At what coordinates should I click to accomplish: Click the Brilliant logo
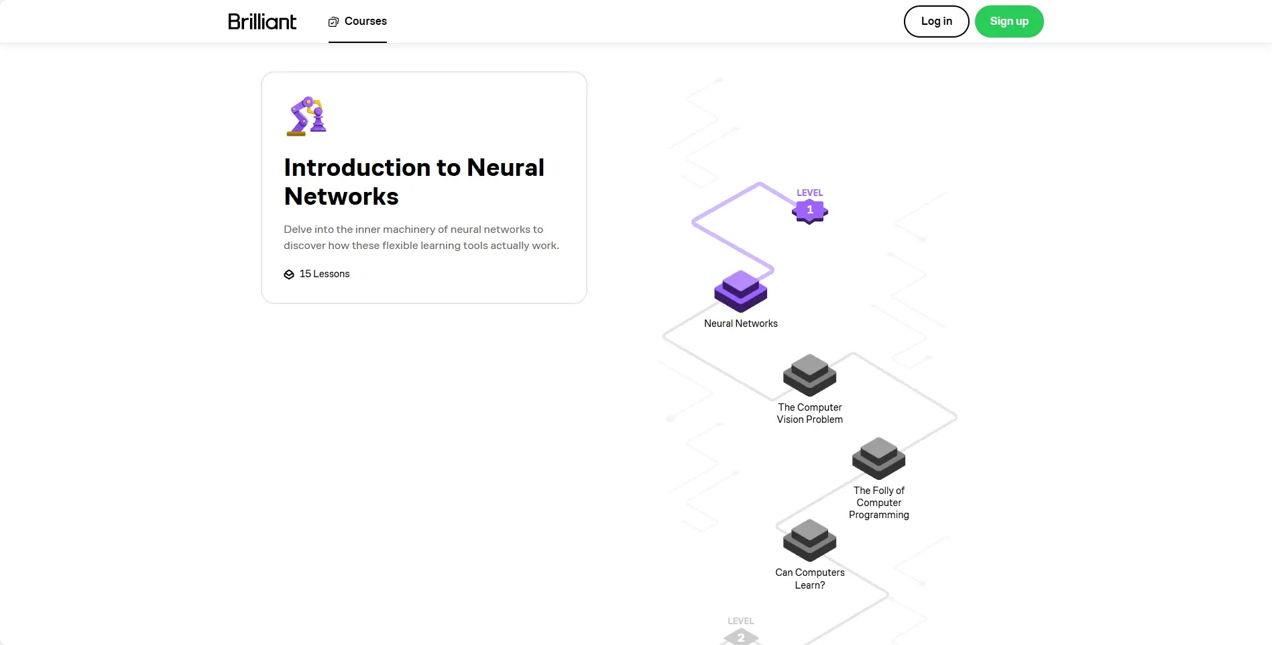(x=262, y=21)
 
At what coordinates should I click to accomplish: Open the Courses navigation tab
(x=358, y=21)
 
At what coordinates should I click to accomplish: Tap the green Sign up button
(x=1008, y=21)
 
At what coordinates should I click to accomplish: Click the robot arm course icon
(x=306, y=116)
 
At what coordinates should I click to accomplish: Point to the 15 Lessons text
(x=325, y=274)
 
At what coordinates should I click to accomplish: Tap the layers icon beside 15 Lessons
(x=289, y=275)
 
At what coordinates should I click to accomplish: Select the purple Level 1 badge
(x=809, y=211)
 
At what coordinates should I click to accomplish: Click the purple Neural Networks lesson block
(x=740, y=291)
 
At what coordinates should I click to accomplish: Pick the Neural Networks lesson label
(x=740, y=324)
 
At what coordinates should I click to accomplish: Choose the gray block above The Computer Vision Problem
(x=809, y=375)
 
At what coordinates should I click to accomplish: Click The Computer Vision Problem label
(x=809, y=413)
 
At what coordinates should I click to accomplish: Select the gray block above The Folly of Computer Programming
(x=878, y=458)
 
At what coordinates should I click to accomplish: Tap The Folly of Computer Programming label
(x=878, y=503)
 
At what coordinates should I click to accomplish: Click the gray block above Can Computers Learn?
(x=809, y=540)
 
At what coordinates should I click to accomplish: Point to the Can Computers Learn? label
(x=809, y=579)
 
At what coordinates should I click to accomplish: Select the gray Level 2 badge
(x=741, y=636)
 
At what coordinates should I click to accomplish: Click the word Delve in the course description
(x=297, y=230)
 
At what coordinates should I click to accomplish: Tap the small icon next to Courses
(x=333, y=22)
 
